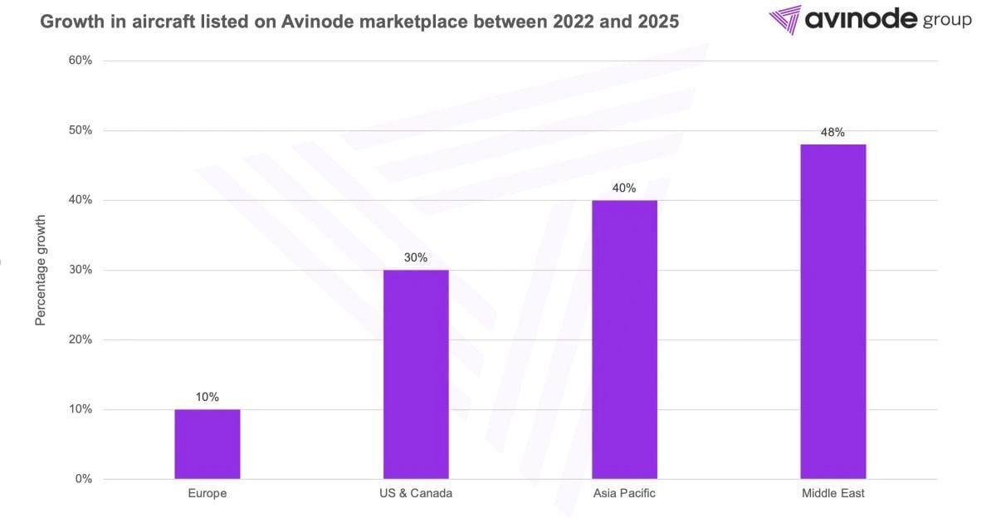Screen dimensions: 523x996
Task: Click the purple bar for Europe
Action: pyautogui.click(x=207, y=444)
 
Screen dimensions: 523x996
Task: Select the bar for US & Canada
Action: pyautogui.click(x=416, y=374)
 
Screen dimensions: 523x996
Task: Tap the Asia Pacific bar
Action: pyautogui.click(x=624, y=340)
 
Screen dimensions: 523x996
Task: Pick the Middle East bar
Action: pyautogui.click(x=832, y=311)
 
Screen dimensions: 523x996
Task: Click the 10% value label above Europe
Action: pyautogui.click(x=207, y=398)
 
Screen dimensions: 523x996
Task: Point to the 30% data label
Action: pyautogui.click(x=416, y=258)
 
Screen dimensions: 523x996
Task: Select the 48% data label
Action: pyautogui.click(x=832, y=132)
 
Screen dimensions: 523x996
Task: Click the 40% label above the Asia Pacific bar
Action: pyautogui.click(x=624, y=188)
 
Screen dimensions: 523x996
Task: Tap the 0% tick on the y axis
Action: pyautogui.click(x=83, y=479)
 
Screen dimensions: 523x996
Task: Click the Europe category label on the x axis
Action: pyautogui.click(x=207, y=493)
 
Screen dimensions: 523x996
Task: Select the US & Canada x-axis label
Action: pyautogui.click(x=416, y=493)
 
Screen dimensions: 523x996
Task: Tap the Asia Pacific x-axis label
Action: pyautogui.click(x=624, y=493)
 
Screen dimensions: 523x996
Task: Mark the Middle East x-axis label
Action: pyautogui.click(x=832, y=493)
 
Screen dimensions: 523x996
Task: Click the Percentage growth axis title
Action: pyautogui.click(x=41, y=270)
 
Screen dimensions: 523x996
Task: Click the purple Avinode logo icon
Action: pyautogui.click(x=784, y=20)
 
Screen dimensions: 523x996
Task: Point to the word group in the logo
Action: pyautogui.click(x=946, y=22)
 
